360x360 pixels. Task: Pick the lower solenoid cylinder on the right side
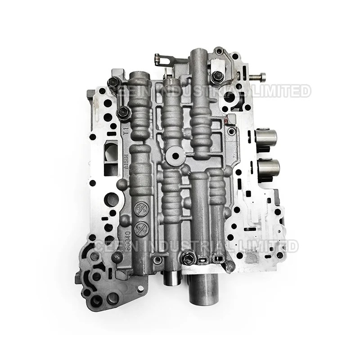269,169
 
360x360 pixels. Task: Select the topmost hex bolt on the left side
113,82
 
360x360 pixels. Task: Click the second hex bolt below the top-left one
121,112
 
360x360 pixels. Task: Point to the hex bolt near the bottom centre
188,258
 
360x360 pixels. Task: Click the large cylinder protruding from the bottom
202,288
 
